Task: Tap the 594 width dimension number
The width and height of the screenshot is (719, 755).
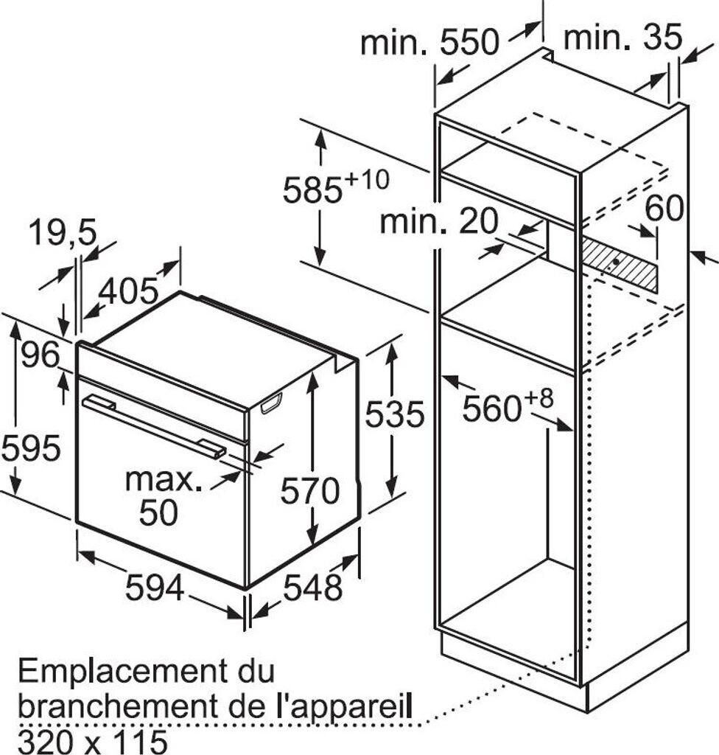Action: tap(155, 588)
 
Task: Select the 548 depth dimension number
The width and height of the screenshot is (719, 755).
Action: tap(314, 588)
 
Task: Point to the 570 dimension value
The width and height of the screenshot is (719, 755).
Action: tap(309, 491)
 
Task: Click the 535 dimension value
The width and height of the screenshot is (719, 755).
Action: tap(395, 415)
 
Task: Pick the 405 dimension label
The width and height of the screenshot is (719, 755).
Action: tap(128, 292)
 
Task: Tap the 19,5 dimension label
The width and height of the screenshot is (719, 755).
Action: tap(63, 234)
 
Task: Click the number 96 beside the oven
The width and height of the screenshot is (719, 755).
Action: tap(40, 356)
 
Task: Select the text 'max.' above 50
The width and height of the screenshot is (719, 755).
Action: tap(163, 480)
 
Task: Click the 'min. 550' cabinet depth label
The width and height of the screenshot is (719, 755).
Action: tap(429, 43)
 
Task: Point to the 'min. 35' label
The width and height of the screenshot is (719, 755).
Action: tap(623, 37)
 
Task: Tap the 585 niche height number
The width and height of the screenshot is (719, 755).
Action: tap(312, 190)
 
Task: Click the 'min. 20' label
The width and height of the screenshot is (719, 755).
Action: tap(439, 221)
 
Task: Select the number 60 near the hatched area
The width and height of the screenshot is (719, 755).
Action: tap(664, 209)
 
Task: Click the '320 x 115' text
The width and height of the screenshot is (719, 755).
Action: tap(92, 740)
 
